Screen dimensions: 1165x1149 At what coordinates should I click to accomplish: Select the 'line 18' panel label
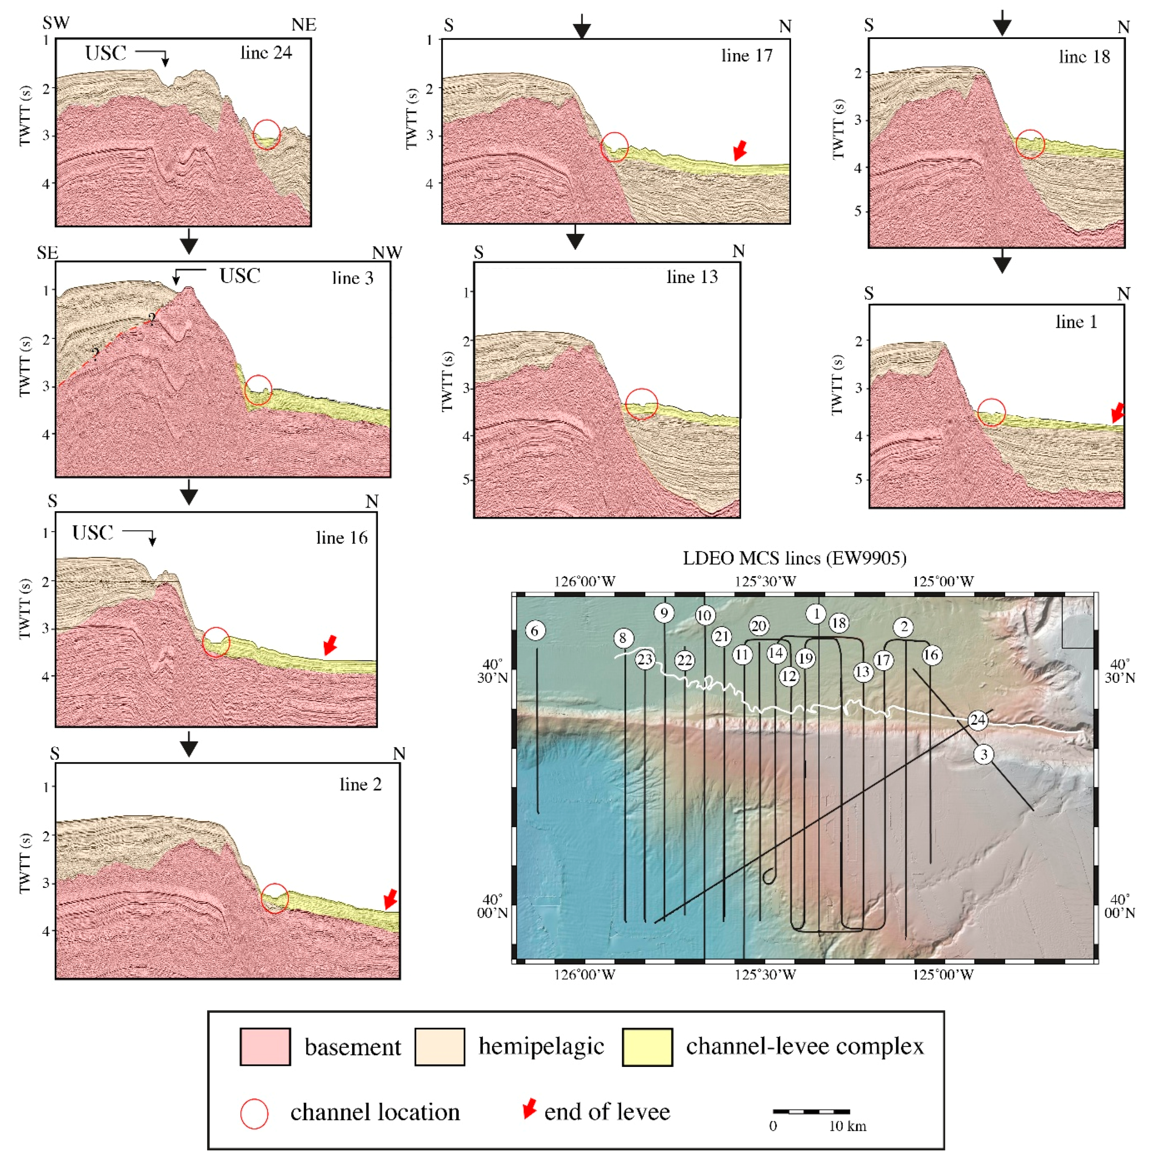1084,57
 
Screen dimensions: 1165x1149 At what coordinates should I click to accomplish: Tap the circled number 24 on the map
978,720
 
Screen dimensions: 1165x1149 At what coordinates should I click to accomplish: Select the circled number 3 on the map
984,754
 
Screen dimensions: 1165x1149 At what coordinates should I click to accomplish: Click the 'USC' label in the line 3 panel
240,276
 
